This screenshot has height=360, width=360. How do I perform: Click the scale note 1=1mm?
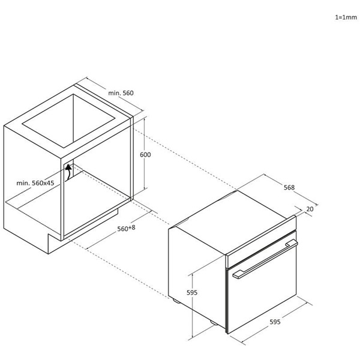pyautogui.click(x=346, y=18)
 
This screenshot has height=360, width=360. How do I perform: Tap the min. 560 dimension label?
pyautogui.click(x=120, y=93)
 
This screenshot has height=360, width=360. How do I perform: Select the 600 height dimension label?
pyautogui.click(x=145, y=155)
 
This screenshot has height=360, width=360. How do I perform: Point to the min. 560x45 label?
pyautogui.click(x=35, y=182)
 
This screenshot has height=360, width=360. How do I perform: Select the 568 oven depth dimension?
pyautogui.click(x=289, y=187)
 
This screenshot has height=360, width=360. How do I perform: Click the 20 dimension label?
pyautogui.click(x=310, y=209)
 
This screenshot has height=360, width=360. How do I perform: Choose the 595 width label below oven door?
pyautogui.click(x=275, y=322)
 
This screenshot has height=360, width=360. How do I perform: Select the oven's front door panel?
pyautogui.click(x=263, y=294)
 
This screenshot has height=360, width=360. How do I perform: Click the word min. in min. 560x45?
pyautogui.click(x=23, y=182)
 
